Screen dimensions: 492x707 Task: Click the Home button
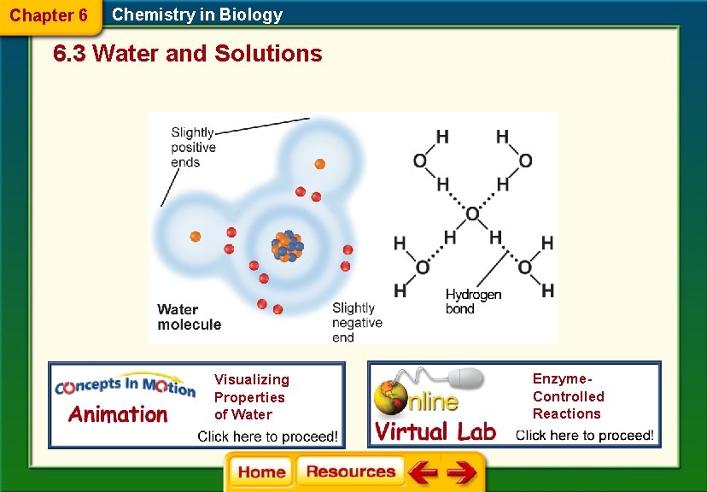[261, 471]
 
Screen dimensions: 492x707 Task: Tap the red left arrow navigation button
[421, 472]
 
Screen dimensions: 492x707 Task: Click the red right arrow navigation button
[462, 472]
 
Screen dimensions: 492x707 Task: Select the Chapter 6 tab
[49, 15]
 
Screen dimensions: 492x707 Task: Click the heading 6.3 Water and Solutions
[188, 54]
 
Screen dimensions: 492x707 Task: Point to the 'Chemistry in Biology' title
[197, 15]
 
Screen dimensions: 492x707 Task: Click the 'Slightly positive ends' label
[193, 147]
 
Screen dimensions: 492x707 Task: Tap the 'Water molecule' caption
[189, 317]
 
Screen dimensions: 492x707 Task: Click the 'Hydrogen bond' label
[473, 301]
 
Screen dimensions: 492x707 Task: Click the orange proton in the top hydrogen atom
[319, 163]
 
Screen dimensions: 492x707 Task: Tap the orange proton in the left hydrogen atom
[195, 236]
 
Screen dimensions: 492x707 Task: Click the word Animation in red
[118, 415]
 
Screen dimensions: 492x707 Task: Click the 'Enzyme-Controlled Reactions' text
[568, 396]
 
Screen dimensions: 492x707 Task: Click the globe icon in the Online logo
[390, 398]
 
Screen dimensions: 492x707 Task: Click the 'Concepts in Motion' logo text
[125, 387]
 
